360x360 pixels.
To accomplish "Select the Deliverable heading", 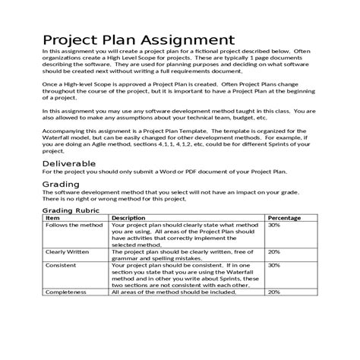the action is click(69, 163).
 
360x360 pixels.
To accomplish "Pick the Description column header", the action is click(133, 218).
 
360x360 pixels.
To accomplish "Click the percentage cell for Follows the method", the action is click(274, 226).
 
